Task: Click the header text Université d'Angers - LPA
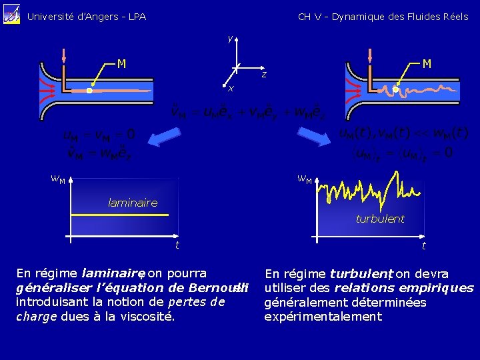86,17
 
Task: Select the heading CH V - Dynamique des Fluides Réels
383,17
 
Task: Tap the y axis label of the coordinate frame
230,39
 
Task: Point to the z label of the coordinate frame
264,74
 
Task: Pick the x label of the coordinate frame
230,89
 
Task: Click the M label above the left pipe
121,65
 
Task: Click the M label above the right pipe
427,64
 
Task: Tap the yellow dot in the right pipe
395,89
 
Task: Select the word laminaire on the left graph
133,203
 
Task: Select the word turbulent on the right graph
380,218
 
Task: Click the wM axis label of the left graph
58,179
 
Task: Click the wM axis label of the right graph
305,179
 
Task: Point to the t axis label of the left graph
177,245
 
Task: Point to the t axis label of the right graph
423,246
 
